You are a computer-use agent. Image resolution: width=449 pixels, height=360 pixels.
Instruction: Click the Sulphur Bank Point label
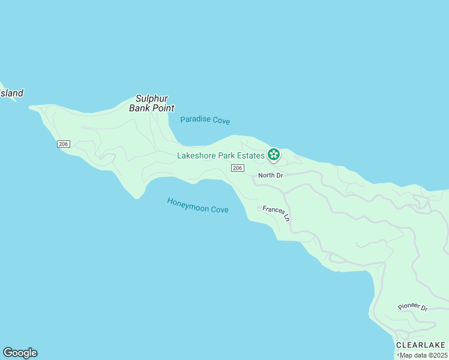pos(151,103)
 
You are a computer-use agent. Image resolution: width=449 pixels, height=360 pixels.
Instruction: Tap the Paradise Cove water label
pos(205,120)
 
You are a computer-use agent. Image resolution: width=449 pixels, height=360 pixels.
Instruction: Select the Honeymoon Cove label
pos(197,205)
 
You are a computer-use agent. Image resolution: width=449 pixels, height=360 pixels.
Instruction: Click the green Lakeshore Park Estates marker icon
pos(274,155)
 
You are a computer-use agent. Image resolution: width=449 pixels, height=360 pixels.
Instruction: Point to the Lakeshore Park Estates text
pos(220,155)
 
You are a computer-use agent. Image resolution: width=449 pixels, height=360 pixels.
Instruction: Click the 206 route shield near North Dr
pos(237,168)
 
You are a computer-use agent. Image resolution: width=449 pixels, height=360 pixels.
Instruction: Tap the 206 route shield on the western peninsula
pos(64,144)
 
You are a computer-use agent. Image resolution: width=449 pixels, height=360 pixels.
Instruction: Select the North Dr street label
pos(270,175)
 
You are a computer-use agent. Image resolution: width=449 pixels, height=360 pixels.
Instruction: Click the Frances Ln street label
pos(277,213)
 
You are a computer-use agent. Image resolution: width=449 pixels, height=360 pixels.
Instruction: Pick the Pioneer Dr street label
pos(413,307)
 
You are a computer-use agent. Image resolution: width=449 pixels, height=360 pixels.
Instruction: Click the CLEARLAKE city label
pos(421,345)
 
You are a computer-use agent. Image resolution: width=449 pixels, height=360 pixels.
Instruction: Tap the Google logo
pos(20,353)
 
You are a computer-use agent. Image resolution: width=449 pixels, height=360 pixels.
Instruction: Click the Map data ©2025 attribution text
pos(424,355)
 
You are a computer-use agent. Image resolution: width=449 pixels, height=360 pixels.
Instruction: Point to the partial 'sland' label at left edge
pos(11,93)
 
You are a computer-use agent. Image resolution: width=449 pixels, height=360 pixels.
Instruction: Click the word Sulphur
pos(151,98)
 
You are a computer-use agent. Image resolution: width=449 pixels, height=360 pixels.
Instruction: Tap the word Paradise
pos(196,119)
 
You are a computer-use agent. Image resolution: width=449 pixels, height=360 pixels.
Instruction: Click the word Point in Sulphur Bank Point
pos(162,109)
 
